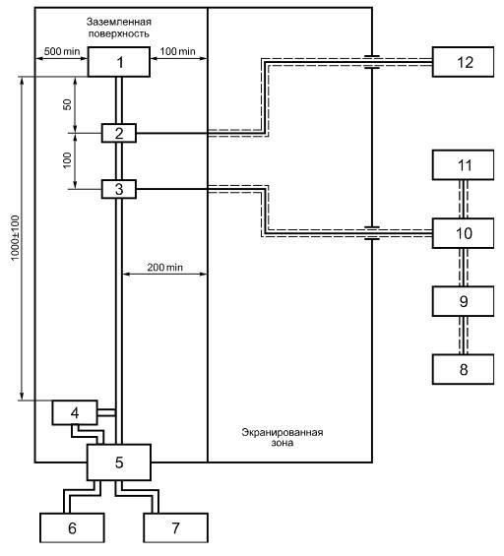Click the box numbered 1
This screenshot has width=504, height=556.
[x=119, y=62]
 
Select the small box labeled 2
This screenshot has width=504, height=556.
[x=119, y=133]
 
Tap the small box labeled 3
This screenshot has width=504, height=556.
[x=119, y=189]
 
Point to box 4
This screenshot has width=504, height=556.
[x=75, y=412]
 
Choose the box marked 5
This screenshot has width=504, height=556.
[x=119, y=463]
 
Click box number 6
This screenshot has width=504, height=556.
[x=72, y=527]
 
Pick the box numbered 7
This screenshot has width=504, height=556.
[x=175, y=527]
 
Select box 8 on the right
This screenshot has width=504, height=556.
[x=463, y=369]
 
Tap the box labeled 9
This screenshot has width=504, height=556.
[x=463, y=301]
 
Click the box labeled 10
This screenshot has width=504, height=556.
[x=463, y=233]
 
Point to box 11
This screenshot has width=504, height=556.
[x=463, y=165]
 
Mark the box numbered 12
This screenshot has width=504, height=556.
[x=463, y=62]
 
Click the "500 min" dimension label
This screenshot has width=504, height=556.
[x=62, y=51]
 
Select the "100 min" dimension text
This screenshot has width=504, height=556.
[x=177, y=51]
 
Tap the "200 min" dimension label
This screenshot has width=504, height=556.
[x=165, y=267]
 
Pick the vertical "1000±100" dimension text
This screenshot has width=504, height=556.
[x=15, y=238]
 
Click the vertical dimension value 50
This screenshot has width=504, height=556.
[x=67, y=104]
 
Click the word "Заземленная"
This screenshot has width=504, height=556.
[x=119, y=22]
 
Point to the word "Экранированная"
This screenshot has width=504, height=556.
[x=283, y=432]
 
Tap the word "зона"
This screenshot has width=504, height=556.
[x=283, y=443]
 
